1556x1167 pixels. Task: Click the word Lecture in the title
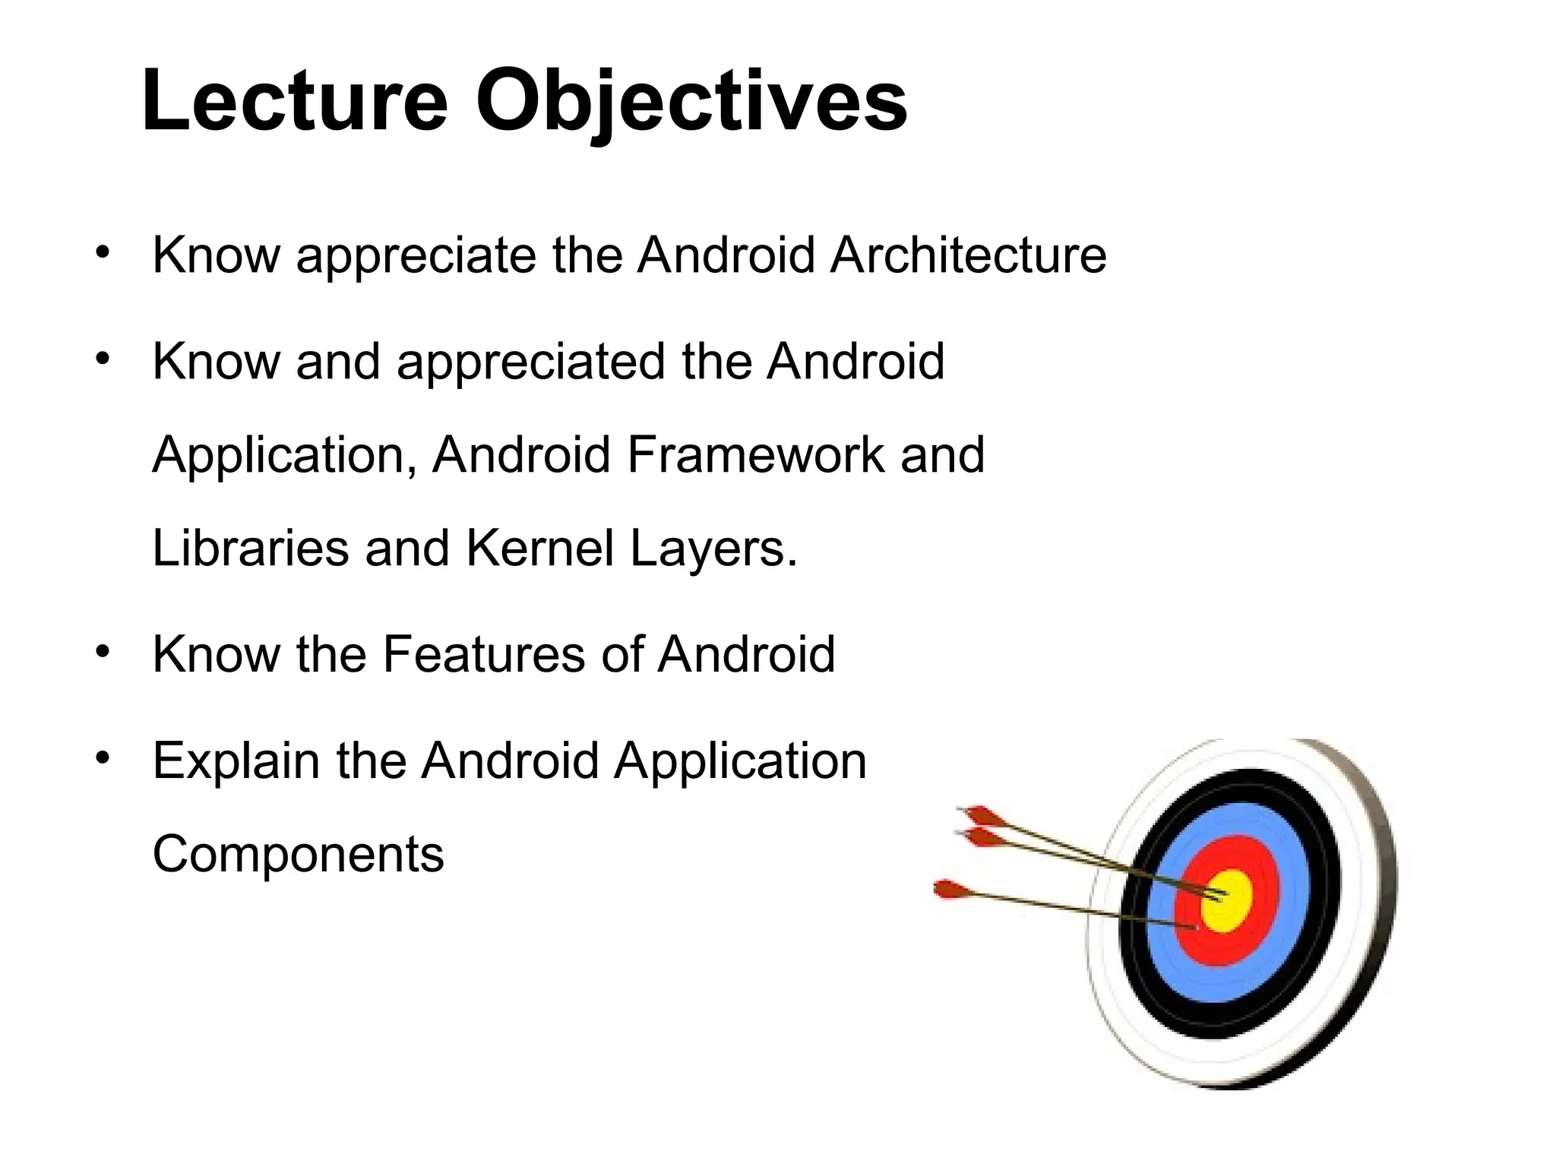click(295, 101)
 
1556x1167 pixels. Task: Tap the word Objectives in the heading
click(691, 101)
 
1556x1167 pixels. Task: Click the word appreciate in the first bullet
click(416, 257)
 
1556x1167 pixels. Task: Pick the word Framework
click(755, 455)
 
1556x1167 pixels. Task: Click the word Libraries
click(250, 548)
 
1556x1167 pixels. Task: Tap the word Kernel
click(539, 548)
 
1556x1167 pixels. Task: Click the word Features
click(483, 654)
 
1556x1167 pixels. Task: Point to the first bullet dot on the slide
click(103, 253)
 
